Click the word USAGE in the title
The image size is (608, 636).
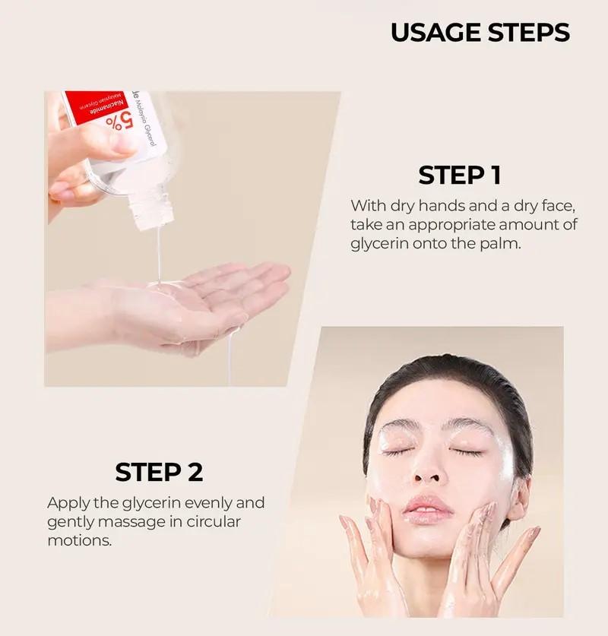click(436, 33)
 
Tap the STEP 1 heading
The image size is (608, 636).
click(459, 175)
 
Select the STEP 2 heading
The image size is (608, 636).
click(159, 472)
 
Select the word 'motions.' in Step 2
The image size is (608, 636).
click(79, 540)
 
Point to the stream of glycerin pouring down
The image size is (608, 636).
click(158, 251)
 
